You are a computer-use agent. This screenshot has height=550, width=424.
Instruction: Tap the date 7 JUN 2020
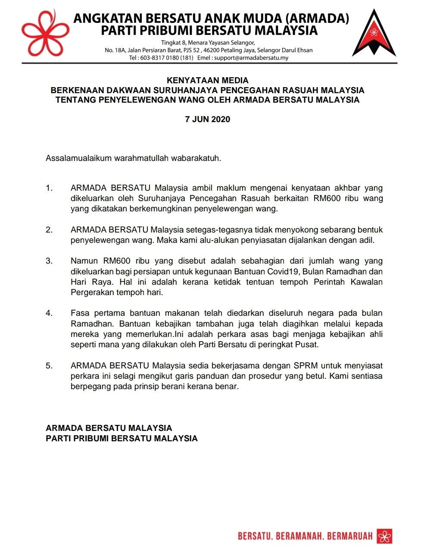(x=208, y=119)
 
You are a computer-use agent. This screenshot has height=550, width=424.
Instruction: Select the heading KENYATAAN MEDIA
(x=208, y=80)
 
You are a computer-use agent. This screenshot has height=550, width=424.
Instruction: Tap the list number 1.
(x=49, y=188)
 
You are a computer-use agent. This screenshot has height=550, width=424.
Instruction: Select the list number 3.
(x=49, y=261)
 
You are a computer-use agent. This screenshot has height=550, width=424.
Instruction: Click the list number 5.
(x=49, y=366)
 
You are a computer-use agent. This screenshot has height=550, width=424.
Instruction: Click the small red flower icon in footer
(x=384, y=536)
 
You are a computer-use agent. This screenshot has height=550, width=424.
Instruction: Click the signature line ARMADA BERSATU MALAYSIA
(x=109, y=428)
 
